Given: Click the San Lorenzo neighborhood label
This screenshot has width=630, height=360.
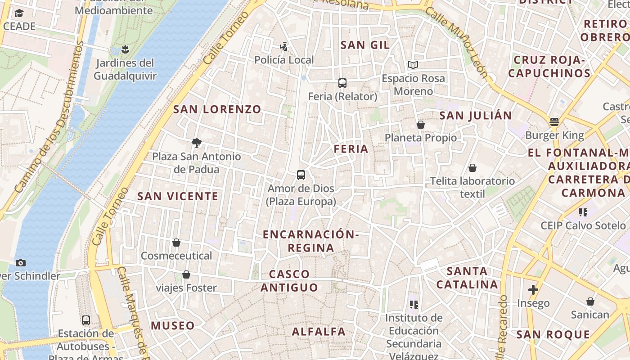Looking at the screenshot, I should (217, 109).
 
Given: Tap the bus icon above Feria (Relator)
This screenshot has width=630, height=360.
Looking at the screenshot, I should (342, 83).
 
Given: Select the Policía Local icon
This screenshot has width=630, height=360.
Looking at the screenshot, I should (283, 46).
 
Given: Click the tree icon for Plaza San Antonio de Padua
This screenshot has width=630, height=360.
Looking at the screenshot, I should (196, 143).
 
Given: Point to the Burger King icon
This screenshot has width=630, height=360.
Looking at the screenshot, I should (554, 122).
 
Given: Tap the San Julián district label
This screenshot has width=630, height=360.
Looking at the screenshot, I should (476, 115).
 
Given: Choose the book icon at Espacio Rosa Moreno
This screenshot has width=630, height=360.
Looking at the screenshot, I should (413, 65).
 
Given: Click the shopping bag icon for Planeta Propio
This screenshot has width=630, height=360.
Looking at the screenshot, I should (421, 125).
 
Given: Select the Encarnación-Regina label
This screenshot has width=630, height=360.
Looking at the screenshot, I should (311, 241).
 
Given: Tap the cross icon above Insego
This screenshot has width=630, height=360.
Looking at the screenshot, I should (533, 289).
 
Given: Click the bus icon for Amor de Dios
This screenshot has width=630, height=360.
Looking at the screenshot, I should (301, 175).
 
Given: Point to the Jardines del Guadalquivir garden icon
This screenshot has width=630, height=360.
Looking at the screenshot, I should (125, 49).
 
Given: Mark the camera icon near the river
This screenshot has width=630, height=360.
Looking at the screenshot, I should (20, 263).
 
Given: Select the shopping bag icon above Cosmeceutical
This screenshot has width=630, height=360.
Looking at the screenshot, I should (176, 243).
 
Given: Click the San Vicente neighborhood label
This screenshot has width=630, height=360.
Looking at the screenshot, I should (178, 196).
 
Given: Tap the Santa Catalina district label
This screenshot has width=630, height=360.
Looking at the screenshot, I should (468, 278).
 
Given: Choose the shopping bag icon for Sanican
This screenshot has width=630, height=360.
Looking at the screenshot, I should (590, 301).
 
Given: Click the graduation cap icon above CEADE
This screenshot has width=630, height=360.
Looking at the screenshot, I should (19, 13).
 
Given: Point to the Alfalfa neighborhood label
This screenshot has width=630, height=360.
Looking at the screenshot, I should (319, 332).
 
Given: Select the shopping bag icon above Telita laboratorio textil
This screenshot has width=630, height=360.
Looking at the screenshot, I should (472, 168).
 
